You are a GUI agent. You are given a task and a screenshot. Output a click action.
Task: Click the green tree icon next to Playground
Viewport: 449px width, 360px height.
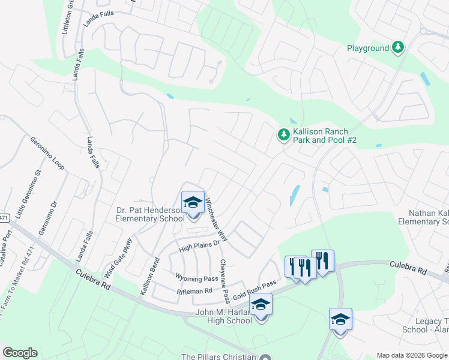point(397,47)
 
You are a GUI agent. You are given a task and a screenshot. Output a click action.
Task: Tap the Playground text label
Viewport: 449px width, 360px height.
point(368,48)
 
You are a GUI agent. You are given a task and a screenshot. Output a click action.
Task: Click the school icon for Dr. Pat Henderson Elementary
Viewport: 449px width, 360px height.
point(193,202)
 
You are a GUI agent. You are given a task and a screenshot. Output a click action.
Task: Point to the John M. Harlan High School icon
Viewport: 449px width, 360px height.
point(261,305)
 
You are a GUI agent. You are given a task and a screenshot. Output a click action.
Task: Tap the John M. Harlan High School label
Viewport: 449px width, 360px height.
point(224,316)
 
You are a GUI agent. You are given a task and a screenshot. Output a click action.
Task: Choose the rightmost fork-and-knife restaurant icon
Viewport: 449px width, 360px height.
point(322,261)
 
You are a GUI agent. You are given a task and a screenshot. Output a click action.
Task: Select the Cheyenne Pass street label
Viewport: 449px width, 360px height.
point(224,280)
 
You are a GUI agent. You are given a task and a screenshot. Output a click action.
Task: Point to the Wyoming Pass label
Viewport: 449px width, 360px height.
point(196,278)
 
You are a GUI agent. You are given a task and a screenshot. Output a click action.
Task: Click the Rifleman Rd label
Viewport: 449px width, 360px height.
point(194,290)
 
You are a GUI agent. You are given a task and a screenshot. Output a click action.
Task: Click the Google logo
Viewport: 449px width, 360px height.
point(20,353)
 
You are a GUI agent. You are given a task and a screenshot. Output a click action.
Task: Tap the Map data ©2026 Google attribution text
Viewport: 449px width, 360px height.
point(411,355)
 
